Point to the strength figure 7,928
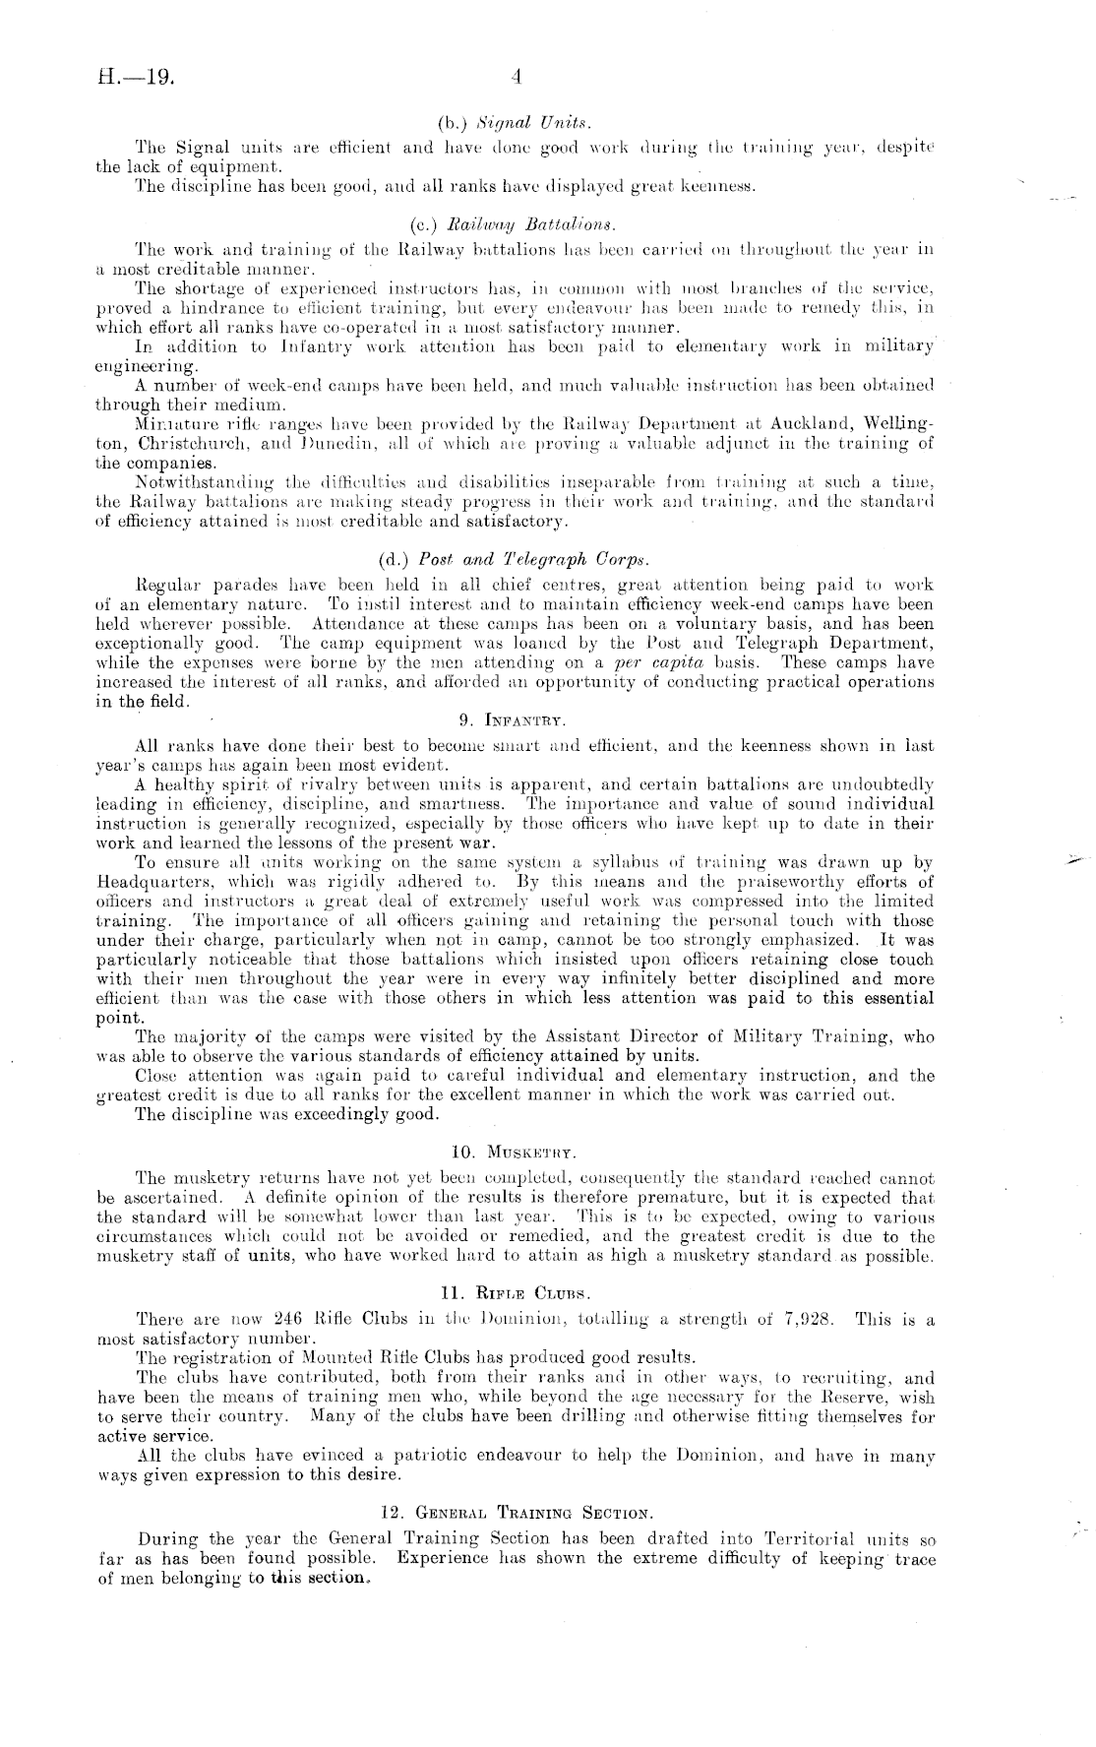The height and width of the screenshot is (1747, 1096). (809, 1320)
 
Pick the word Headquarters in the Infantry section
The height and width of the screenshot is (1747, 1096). (160, 882)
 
